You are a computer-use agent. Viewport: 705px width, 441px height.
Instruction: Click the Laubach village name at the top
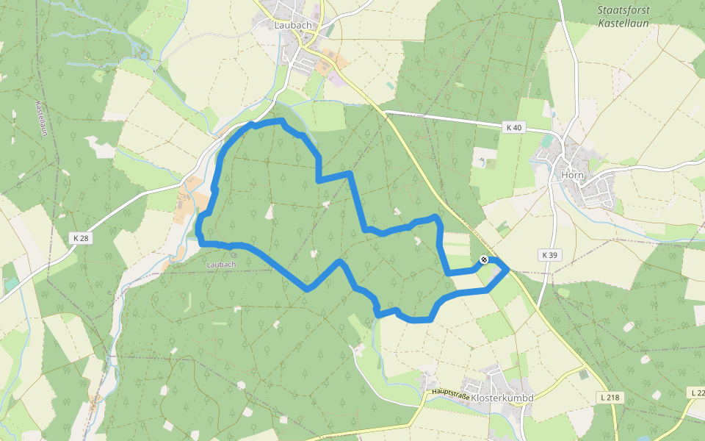[x=293, y=24]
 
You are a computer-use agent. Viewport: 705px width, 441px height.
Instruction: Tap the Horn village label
[x=571, y=175]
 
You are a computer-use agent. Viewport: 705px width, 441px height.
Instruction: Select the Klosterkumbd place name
[x=502, y=398]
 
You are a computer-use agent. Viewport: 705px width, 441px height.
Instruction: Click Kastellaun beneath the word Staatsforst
[x=624, y=24]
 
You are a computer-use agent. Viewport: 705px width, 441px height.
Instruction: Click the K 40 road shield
[x=514, y=127]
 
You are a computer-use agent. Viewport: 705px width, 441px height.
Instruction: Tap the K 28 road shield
[x=80, y=237]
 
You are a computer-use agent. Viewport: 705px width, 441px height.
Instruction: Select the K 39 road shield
[x=549, y=255]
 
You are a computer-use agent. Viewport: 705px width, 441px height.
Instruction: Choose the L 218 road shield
[x=610, y=397]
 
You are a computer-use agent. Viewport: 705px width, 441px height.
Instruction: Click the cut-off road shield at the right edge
[x=698, y=393]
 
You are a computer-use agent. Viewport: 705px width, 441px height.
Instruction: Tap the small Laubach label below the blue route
[x=221, y=264]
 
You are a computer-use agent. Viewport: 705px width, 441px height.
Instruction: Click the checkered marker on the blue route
[x=483, y=259]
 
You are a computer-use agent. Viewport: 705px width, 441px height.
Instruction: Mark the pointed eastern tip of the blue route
[x=508, y=270]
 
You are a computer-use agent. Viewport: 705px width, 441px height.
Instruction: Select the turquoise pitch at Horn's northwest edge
[x=547, y=140]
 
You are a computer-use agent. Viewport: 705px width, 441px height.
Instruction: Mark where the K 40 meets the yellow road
[x=385, y=112]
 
